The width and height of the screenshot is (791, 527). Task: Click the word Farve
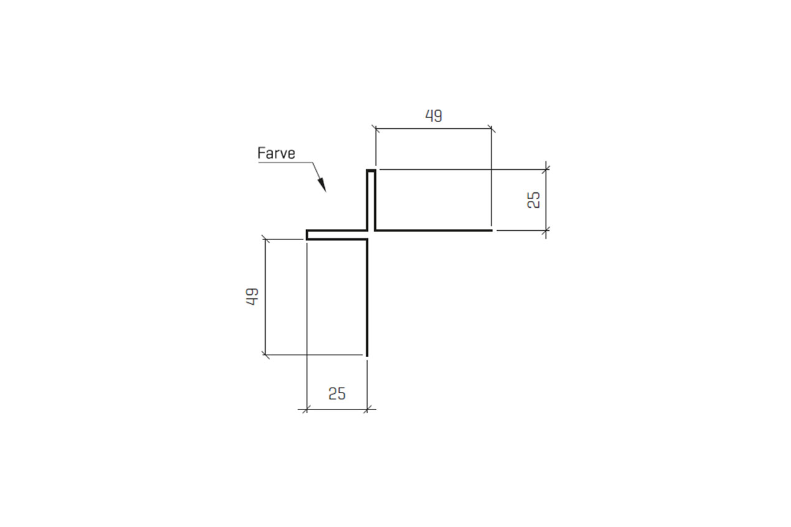point(276,153)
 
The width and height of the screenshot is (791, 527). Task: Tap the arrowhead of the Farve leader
point(322,185)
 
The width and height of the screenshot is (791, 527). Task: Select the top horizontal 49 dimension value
point(434,116)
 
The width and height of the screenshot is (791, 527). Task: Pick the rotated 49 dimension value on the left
point(252,297)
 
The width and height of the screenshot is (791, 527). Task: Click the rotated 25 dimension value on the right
point(533,200)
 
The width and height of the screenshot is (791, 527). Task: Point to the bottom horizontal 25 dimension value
point(337,394)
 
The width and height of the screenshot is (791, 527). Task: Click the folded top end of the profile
point(371,171)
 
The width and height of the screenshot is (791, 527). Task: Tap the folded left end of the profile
point(307,235)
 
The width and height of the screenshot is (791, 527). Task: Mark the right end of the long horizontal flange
point(491,230)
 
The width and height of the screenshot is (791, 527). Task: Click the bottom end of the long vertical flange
point(367,355)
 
